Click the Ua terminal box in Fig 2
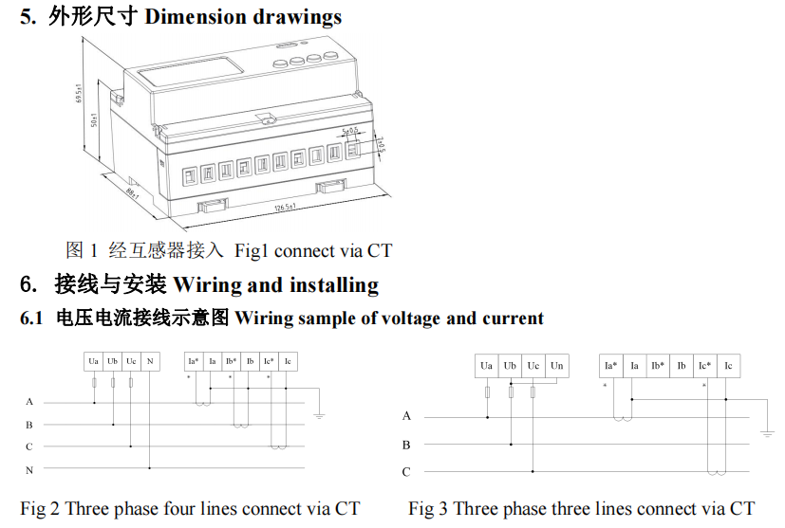click(x=94, y=361)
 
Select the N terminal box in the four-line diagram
click(x=150, y=361)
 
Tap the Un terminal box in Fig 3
click(x=557, y=366)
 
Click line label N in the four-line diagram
click(x=29, y=469)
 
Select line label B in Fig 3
click(x=406, y=444)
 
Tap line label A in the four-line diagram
click(x=29, y=402)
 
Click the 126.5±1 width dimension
click(x=286, y=207)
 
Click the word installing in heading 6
click(x=334, y=284)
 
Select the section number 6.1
click(x=32, y=319)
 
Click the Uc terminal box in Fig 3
click(x=533, y=366)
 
